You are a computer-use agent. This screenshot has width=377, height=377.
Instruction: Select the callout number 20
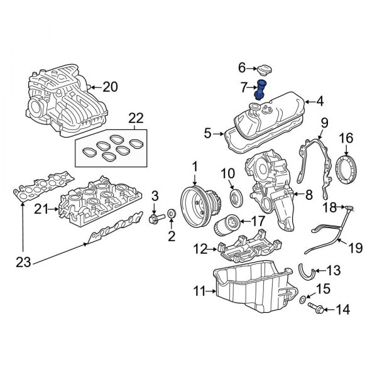[x=110, y=87]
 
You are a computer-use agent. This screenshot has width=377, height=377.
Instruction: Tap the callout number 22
[x=136, y=118]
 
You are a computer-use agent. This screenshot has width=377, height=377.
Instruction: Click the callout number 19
[x=356, y=248]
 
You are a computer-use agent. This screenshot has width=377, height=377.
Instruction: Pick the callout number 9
[x=325, y=123]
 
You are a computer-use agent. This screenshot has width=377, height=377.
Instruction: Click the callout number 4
[x=320, y=101]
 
